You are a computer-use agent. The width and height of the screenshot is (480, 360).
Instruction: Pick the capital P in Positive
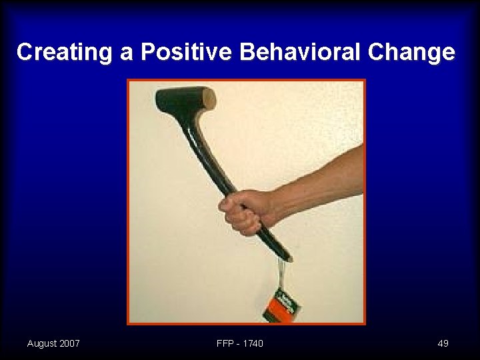pyautogui.click(x=147, y=53)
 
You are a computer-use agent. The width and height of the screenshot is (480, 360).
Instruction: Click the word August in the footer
pyautogui.click(x=42, y=343)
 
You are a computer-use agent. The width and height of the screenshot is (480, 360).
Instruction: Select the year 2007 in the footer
pyautogui.click(x=69, y=343)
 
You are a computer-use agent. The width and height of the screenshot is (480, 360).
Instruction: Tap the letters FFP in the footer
pyautogui.click(x=225, y=343)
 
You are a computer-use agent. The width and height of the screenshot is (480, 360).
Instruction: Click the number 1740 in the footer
pyautogui.click(x=253, y=343)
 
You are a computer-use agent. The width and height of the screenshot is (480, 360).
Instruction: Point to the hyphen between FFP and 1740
pyautogui.click(x=239, y=344)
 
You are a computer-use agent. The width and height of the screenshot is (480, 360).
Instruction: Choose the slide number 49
pyautogui.click(x=443, y=343)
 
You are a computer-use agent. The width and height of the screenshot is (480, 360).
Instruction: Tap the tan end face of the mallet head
pyautogui.click(x=209, y=99)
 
